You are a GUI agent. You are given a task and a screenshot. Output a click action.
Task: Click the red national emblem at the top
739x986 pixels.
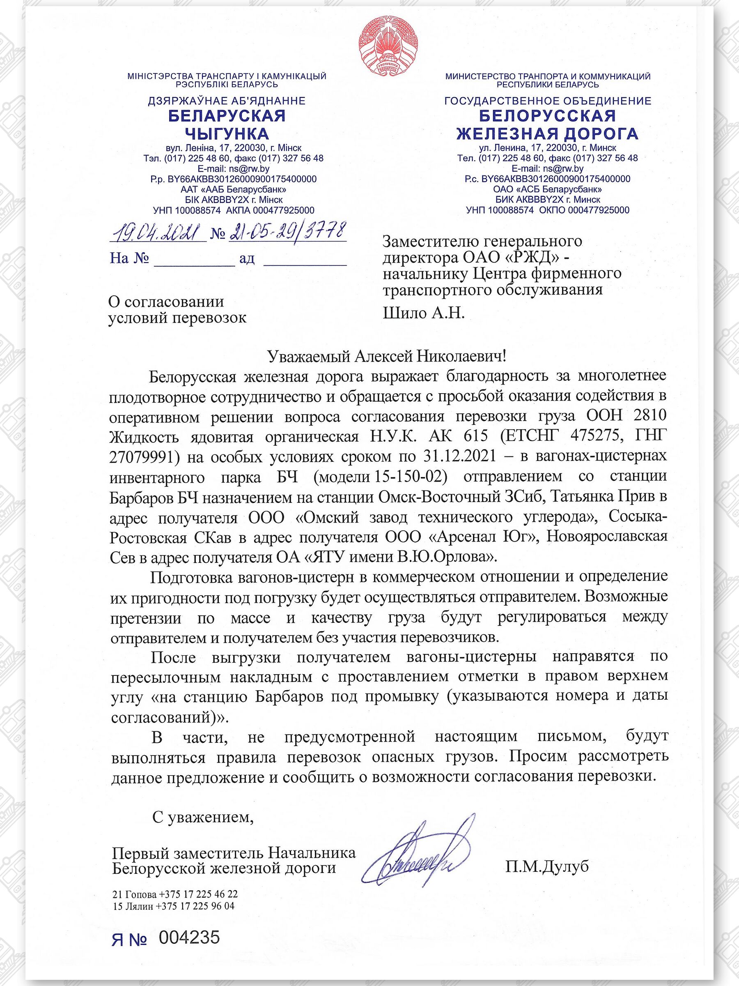(388, 44)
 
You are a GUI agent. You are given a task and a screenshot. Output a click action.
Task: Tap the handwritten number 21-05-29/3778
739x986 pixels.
(287, 231)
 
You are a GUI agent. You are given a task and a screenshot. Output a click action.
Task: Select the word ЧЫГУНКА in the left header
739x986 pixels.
(227, 134)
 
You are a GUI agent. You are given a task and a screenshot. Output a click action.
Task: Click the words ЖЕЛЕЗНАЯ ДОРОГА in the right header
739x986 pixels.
(547, 134)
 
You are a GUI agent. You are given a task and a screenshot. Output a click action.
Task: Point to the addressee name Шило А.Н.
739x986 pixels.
(424, 313)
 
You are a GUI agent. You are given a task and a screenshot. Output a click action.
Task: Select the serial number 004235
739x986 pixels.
(189, 938)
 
